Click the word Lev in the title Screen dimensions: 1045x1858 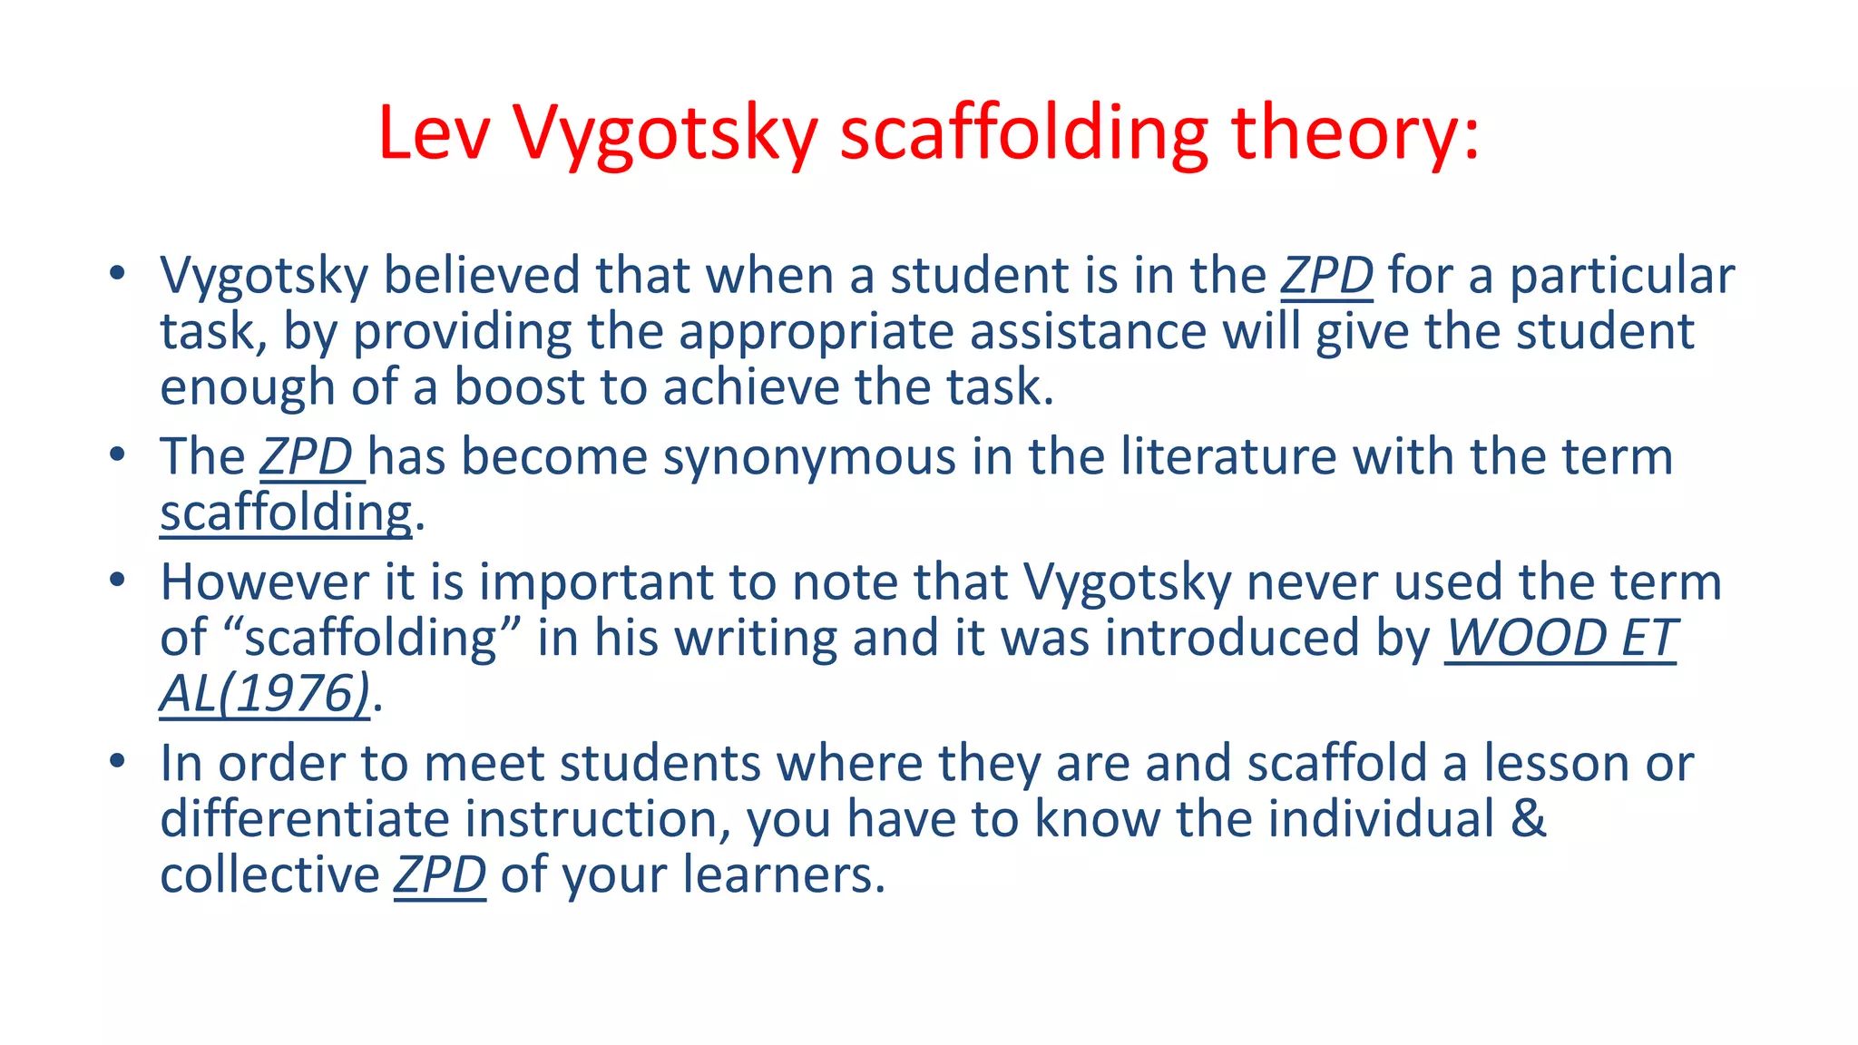(x=435, y=133)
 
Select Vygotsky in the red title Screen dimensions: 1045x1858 (x=666, y=133)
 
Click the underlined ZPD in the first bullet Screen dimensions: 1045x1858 (x=1326, y=276)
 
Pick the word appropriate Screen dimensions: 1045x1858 (x=817, y=332)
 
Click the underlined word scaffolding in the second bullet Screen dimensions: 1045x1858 (x=286, y=513)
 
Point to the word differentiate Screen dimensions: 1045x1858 (x=305, y=819)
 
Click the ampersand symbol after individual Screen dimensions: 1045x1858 (x=1529, y=819)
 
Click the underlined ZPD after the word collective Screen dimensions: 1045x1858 (x=440, y=875)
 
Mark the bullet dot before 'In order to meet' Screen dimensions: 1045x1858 (x=116, y=760)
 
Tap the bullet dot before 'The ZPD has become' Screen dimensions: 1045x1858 (x=116, y=454)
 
